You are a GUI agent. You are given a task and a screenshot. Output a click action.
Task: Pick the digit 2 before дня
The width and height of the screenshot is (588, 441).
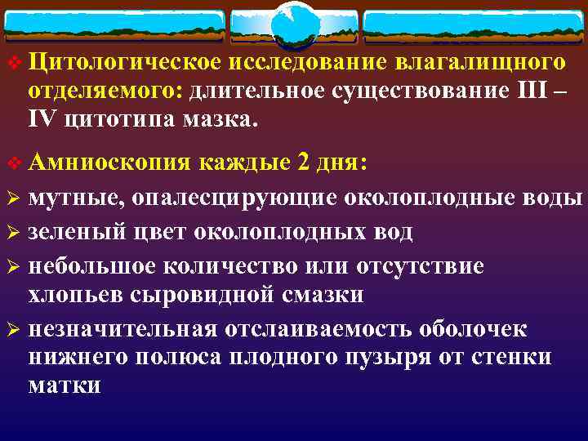(304, 162)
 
